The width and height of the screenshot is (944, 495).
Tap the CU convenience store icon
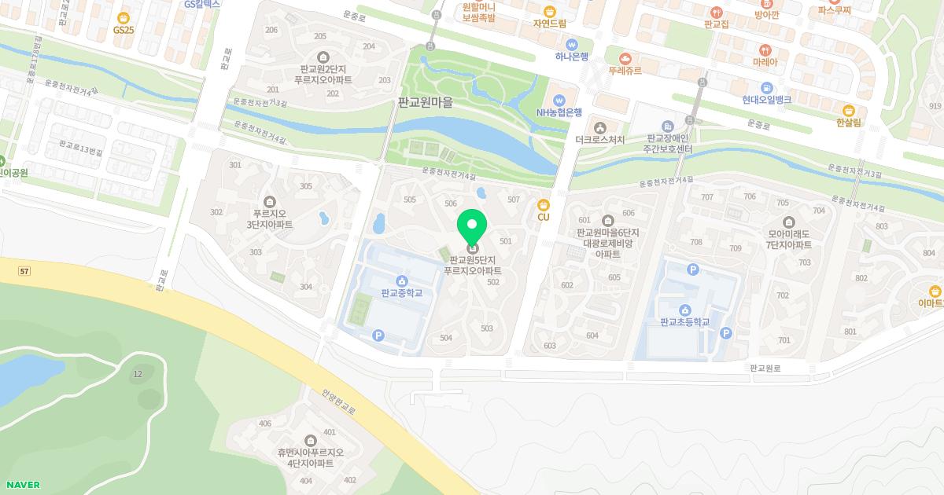[543, 204]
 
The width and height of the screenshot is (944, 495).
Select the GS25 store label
[124, 29]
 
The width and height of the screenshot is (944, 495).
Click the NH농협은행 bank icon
[559, 100]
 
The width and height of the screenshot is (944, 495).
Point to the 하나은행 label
[572, 57]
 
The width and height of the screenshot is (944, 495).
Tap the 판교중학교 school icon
[402, 280]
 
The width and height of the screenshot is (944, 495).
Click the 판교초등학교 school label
[685, 322]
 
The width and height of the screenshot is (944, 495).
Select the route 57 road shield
[24, 271]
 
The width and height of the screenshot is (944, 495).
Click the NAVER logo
[22, 485]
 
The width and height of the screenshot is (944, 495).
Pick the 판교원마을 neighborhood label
[426, 102]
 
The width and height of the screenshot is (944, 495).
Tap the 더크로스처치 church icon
[599, 127]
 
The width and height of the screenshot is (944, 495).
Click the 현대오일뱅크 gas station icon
[766, 87]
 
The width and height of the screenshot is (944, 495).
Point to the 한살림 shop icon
[849, 110]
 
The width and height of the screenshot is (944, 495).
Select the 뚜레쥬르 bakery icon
[625, 58]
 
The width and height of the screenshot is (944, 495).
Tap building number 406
[264, 424]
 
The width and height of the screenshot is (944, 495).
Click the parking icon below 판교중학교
[378, 335]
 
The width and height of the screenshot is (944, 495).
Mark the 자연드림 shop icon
[549, 11]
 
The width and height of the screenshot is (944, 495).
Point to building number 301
[235, 165]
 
